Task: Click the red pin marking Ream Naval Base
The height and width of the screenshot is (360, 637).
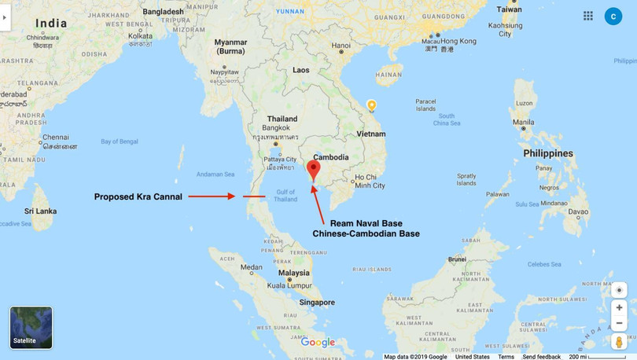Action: tap(313, 168)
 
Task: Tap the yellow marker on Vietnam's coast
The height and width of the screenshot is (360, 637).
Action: tap(371, 105)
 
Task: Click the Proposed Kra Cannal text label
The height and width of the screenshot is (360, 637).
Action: tap(138, 197)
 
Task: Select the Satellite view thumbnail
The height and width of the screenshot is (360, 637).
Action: tap(31, 327)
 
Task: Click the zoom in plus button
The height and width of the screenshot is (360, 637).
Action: tap(620, 307)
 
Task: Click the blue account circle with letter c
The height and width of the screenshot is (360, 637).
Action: tap(613, 16)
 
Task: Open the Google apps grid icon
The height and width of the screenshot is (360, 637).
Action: tap(588, 16)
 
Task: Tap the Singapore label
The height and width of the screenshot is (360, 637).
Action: tap(317, 302)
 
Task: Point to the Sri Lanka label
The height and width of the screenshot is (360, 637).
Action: tap(39, 211)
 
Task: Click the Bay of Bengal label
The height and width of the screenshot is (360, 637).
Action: tap(120, 141)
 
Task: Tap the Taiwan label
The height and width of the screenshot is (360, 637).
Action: tap(509, 9)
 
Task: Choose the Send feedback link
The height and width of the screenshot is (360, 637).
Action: tap(541, 357)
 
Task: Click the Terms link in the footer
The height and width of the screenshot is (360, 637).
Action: tap(506, 357)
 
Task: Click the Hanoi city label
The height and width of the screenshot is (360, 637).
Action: tap(341, 46)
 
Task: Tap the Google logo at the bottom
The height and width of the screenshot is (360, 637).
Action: tap(318, 343)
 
